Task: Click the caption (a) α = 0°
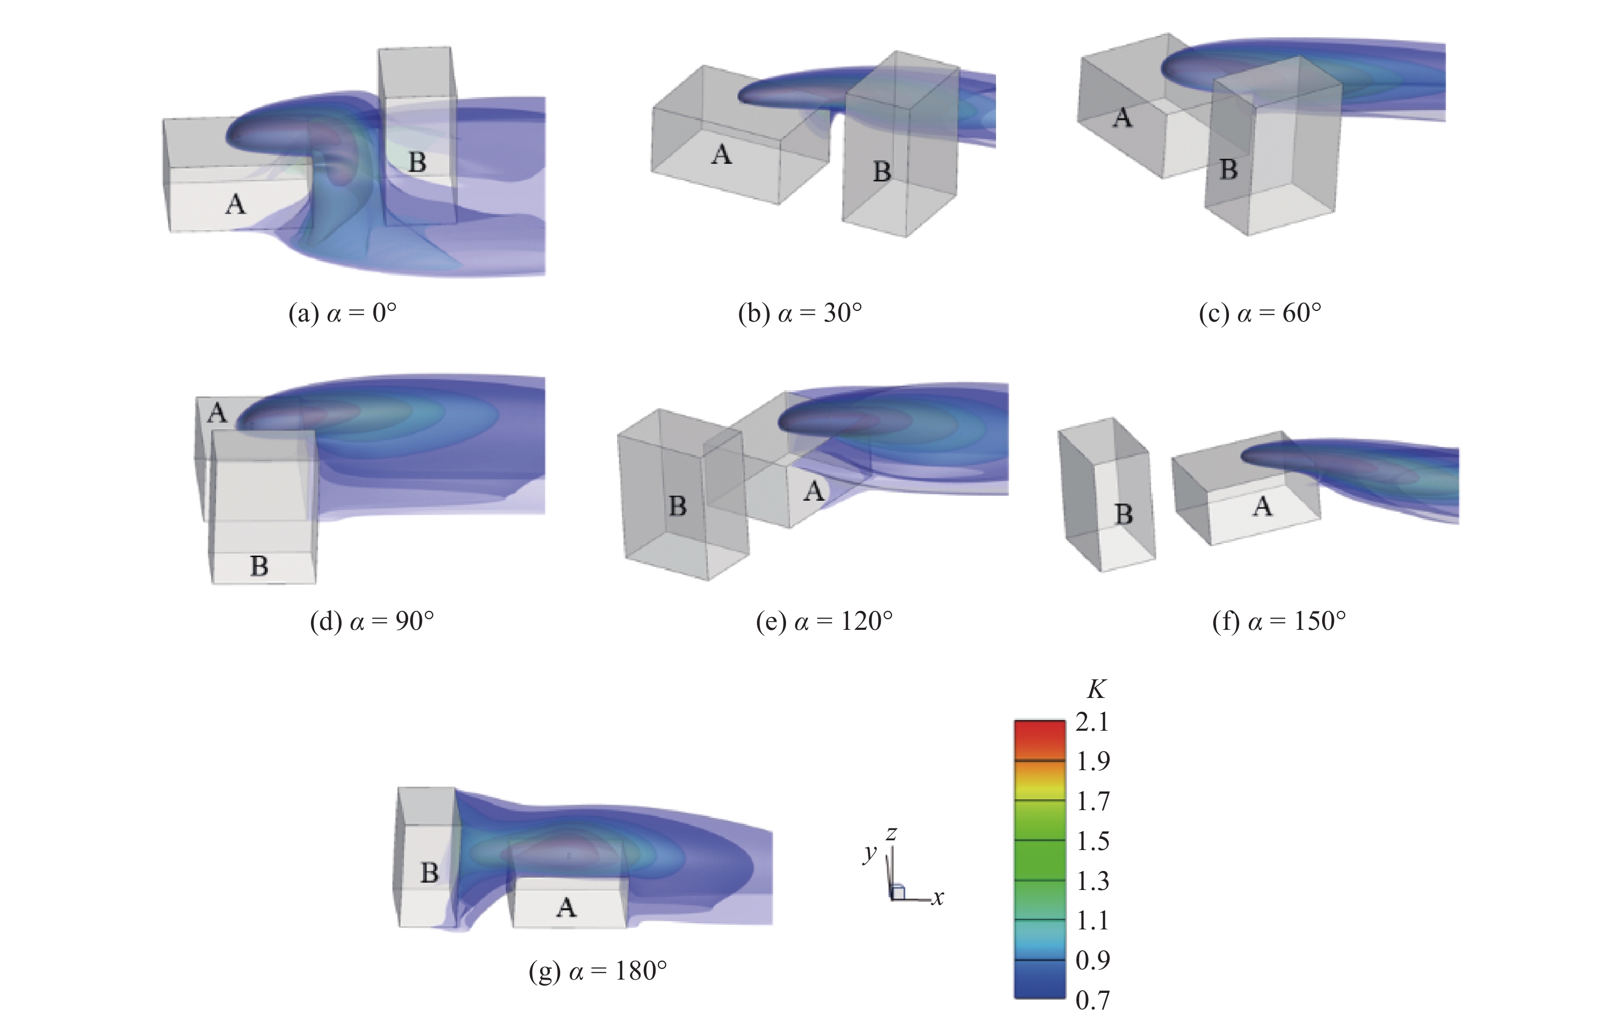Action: pyautogui.click(x=342, y=313)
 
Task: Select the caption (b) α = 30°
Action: pyautogui.click(x=800, y=313)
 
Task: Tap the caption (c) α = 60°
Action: pyautogui.click(x=1260, y=313)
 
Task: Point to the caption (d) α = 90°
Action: pyautogui.click(x=372, y=622)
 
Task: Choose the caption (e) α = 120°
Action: pyautogui.click(x=824, y=622)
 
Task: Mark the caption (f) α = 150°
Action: pyautogui.click(x=1279, y=622)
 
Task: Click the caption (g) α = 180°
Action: pyautogui.click(x=598, y=971)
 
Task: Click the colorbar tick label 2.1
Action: pyautogui.click(x=1092, y=722)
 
